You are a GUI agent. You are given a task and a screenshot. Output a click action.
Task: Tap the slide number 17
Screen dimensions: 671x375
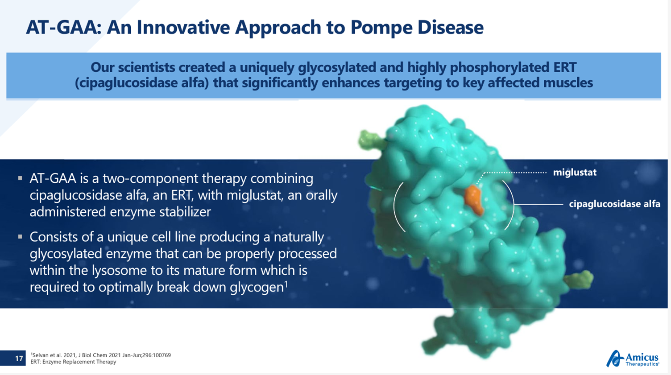[x=19, y=358]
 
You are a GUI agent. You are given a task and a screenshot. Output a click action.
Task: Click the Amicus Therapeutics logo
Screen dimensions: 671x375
[x=633, y=359]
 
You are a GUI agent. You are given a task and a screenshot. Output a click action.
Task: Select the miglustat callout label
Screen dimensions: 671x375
[x=575, y=173]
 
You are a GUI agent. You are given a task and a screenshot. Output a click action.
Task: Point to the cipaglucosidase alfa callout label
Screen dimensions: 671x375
[x=614, y=204]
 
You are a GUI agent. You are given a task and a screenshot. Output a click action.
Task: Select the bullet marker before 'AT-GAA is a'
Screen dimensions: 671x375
[x=20, y=178]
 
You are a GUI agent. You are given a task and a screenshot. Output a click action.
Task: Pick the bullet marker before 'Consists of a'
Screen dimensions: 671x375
[x=20, y=237]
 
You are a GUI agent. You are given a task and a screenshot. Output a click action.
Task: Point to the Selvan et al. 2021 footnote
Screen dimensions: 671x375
[x=101, y=355]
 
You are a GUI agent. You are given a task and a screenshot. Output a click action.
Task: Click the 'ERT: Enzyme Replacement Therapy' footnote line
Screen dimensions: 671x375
[x=73, y=362]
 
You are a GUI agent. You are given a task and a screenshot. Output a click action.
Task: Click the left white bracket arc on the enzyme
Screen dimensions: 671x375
[x=396, y=206]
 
